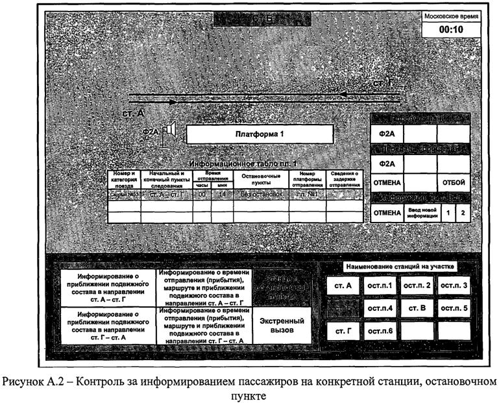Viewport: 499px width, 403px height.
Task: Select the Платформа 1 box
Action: pyautogui.click(x=260, y=134)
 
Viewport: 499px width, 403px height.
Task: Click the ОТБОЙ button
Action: pyautogui.click(x=454, y=184)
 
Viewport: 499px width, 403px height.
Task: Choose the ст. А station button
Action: pyautogui.click(x=343, y=286)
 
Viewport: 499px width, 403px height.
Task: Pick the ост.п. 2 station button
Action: pyautogui.click(x=417, y=286)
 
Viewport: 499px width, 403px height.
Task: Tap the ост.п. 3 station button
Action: pyautogui.click(x=454, y=286)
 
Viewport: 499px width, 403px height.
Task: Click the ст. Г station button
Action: pyautogui.click(x=343, y=331)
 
